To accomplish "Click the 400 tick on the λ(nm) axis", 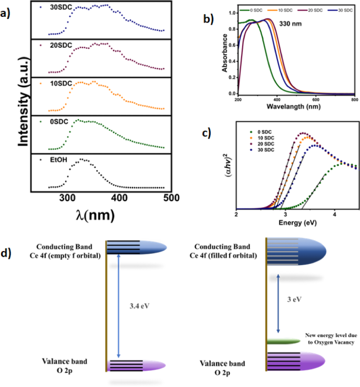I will pyautogui.click(x=120, y=197).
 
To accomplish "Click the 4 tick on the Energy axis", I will pyautogui.click(x=334, y=215).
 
